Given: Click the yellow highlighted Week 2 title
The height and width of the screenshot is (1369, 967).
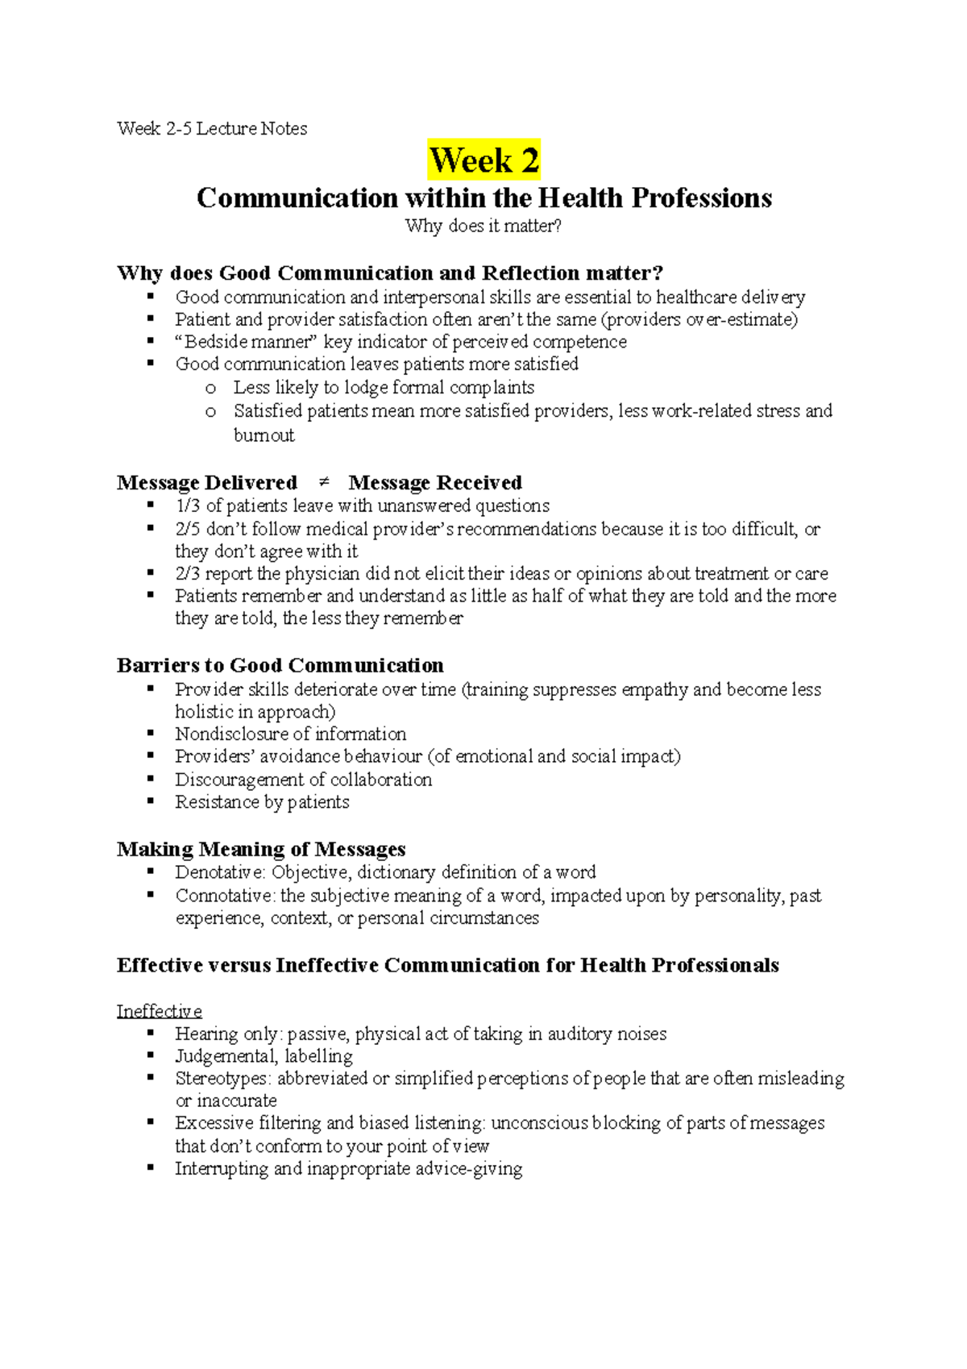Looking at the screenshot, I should pos(483,160).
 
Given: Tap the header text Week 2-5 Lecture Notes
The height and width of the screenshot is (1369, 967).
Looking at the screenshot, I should pos(212,128).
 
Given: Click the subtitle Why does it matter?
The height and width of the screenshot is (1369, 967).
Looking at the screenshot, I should pos(483,226).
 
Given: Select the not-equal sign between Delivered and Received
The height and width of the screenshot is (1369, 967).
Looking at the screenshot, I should pos(324,482).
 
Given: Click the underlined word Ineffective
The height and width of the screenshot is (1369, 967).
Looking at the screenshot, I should pos(159,1011).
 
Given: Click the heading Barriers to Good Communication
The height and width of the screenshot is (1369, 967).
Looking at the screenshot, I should pos(280,665).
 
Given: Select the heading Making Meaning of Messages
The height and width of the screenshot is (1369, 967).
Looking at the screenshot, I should pos(261,849).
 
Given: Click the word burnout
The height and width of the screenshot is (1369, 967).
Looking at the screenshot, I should pos(264,435).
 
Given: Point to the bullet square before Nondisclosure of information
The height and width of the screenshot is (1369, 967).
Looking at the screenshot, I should pos(151,734).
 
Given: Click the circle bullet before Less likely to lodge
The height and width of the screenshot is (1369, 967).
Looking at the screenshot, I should pos(210,389).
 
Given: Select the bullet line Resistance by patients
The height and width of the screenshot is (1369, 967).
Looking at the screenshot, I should pos(262,802).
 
